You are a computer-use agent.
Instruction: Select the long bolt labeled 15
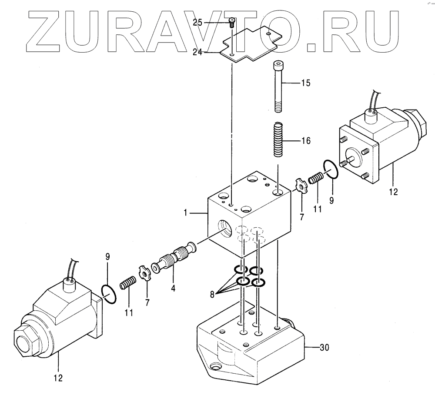(278, 87)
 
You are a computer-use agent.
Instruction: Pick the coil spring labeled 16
(278, 140)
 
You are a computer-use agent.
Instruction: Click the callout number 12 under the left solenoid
(58, 378)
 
